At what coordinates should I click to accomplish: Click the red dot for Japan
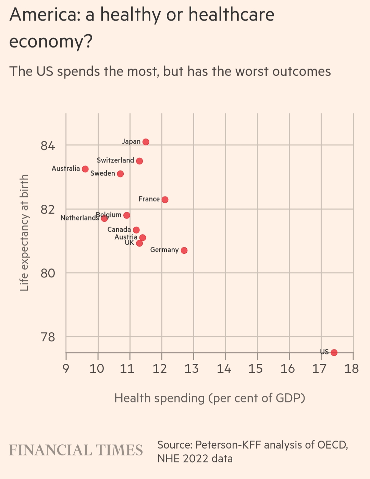pos(146,142)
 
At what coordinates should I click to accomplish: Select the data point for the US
pos(334,352)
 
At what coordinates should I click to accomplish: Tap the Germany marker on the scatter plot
pos(184,250)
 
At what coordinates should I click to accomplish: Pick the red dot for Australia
pos(85,169)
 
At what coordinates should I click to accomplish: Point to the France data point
pos(165,200)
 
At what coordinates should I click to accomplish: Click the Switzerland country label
pos(115,160)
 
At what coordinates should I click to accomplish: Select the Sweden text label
pos(102,173)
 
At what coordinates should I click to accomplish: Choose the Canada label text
pos(119,230)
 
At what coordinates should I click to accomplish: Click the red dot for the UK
pos(139,243)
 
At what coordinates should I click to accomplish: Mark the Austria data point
pos(143,238)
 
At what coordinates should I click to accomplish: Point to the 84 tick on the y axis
pos(48,146)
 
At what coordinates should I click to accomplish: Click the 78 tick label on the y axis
pos(48,337)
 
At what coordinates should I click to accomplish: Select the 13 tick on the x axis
pos(192,369)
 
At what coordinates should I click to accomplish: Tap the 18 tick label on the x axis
pos(352,369)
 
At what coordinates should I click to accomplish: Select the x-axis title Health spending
pos(209,398)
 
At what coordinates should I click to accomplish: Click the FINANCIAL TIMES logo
pos(76,450)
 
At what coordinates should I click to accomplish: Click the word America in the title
pos(45,15)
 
